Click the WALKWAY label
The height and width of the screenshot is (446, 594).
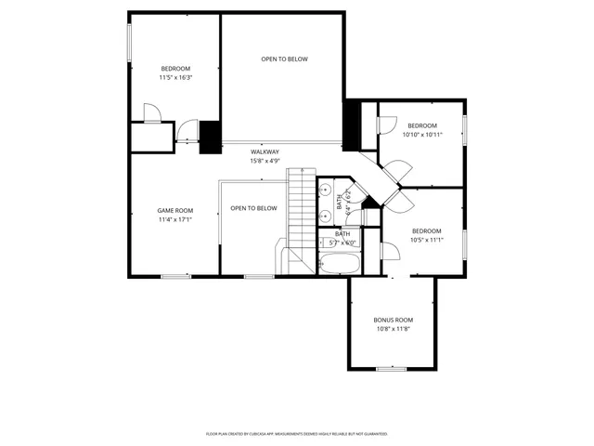click(265, 151)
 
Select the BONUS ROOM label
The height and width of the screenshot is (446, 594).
click(393, 320)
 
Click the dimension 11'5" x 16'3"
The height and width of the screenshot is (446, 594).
click(175, 78)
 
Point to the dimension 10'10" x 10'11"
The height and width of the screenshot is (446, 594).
click(422, 135)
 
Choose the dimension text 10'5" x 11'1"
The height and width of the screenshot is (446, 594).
click(426, 240)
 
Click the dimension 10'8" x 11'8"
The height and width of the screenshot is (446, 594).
click(393, 329)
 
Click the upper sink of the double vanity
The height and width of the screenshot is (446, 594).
click(326, 188)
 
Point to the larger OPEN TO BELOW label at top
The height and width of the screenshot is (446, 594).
click(284, 59)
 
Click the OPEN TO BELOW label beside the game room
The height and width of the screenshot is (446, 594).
click(253, 208)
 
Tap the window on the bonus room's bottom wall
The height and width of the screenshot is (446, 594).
click(392, 369)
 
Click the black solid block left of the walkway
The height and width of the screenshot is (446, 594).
click(211, 137)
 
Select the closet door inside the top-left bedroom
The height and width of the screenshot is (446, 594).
click(151, 113)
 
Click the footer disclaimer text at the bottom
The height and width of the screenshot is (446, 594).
click(297, 434)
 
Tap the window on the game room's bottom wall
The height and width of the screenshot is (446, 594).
click(175, 276)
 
